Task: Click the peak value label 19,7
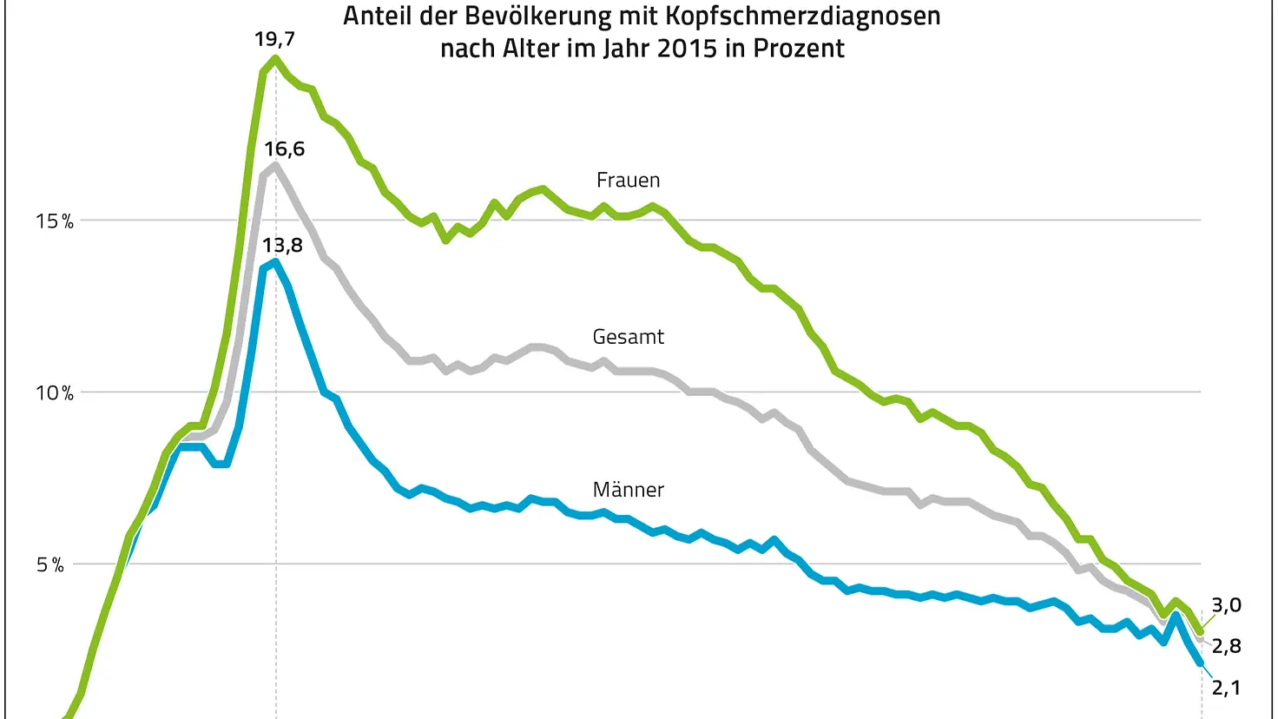point(274,39)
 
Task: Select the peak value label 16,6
point(284,149)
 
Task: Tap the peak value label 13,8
point(282,246)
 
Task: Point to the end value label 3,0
point(1226,605)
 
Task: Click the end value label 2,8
point(1226,646)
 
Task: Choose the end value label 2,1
point(1226,688)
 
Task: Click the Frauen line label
point(628,181)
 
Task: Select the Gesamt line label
point(628,337)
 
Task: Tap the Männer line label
point(628,490)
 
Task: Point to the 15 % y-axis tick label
point(54,221)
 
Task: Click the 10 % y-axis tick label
point(54,393)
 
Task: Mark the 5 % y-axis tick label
point(50,565)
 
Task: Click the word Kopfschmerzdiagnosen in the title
point(802,16)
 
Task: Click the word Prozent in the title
point(799,49)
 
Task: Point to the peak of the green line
point(275,59)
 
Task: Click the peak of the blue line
point(275,261)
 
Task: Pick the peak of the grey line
point(275,165)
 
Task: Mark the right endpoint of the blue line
point(1201,663)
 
